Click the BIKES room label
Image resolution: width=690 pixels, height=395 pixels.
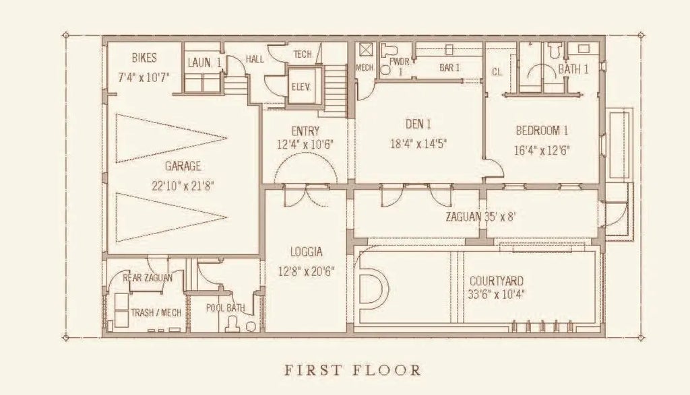point(144,59)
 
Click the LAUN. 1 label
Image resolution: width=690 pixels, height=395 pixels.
point(204,63)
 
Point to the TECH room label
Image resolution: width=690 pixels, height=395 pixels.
point(303,55)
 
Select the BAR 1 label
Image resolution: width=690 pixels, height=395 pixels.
point(449,68)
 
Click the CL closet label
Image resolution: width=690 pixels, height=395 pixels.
point(497,71)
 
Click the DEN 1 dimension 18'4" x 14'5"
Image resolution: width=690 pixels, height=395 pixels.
point(418,143)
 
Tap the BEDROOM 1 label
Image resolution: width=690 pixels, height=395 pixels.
point(542,131)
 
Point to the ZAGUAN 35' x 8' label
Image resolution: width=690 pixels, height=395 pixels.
point(480,217)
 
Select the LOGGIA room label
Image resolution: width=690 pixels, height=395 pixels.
point(306,252)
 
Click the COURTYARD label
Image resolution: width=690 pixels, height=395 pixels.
point(496,281)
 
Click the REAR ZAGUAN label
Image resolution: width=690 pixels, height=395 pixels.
point(147,277)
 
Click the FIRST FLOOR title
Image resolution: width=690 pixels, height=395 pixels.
point(352,369)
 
